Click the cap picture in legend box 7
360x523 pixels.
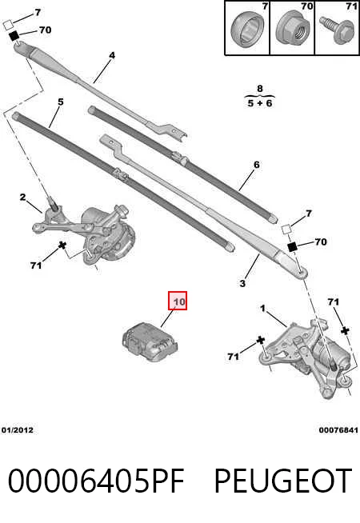point(247,29)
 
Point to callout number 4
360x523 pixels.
point(112,55)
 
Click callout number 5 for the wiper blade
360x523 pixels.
point(60,102)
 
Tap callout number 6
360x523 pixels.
point(256,165)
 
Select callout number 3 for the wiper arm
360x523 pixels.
point(242,284)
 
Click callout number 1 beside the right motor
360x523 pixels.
point(263,309)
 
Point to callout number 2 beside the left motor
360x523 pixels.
point(22,198)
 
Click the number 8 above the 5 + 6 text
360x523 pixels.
point(260,89)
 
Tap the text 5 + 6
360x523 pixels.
point(260,103)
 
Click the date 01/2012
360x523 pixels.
point(18,430)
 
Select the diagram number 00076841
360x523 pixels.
point(338,430)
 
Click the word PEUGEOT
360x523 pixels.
point(283,481)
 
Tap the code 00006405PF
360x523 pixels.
point(96,481)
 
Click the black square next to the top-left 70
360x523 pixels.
point(14,35)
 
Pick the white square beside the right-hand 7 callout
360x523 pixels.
point(286,230)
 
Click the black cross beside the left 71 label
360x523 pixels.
point(62,246)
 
